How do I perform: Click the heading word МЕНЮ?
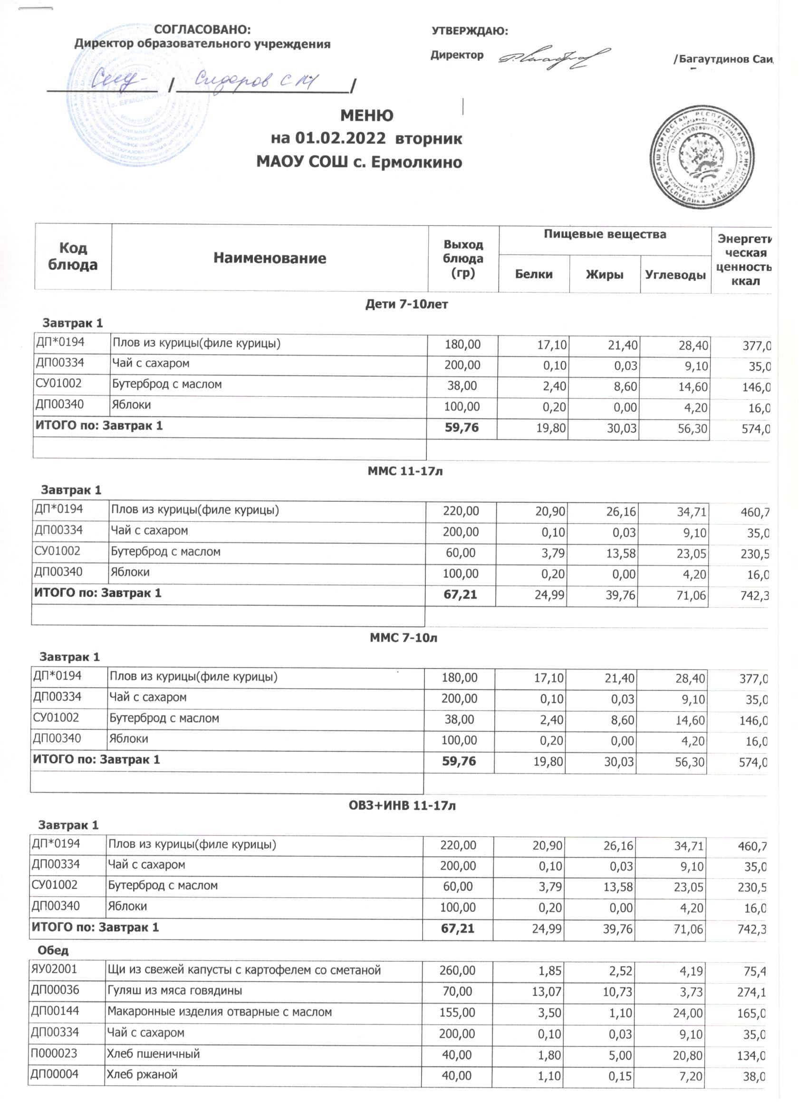coord(366,115)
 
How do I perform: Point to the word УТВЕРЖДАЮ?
coord(469,31)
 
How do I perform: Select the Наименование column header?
coord(269,258)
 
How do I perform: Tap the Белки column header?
coord(534,274)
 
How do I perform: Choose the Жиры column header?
coord(604,274)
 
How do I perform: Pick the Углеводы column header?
coord(675,275)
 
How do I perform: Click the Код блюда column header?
coord(73,256)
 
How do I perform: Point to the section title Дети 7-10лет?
coord(406,304)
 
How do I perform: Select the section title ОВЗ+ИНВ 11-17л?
coord(402,805)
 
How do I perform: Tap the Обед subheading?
coord(53,950)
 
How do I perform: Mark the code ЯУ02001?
coord(54,969)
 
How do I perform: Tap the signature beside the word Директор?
coord(554,59)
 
